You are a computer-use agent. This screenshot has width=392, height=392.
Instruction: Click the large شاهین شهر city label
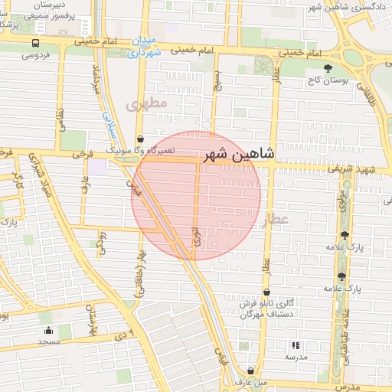tap(237, 154)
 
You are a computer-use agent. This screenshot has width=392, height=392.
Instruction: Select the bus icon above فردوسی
tap(35, 44)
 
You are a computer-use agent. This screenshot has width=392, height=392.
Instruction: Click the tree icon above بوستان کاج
tap(328, 68)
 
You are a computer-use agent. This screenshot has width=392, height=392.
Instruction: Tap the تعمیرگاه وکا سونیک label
tap(140, 150)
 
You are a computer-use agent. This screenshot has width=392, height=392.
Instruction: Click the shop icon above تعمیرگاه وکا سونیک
tap(139, 139)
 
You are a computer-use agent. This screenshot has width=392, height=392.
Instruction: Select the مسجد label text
tap(48, 341)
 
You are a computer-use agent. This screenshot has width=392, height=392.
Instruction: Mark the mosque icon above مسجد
tap(48, 331)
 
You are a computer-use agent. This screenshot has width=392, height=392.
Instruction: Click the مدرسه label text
tap(296, 357)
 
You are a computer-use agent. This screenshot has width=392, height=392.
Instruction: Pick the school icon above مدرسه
tap(296, 346)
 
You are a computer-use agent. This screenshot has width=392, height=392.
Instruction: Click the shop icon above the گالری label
tap(266, 292)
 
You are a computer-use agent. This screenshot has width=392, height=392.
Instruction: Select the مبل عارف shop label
tap(250, 381)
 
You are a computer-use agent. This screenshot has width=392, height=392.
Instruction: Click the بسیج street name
tap(217, 77)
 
